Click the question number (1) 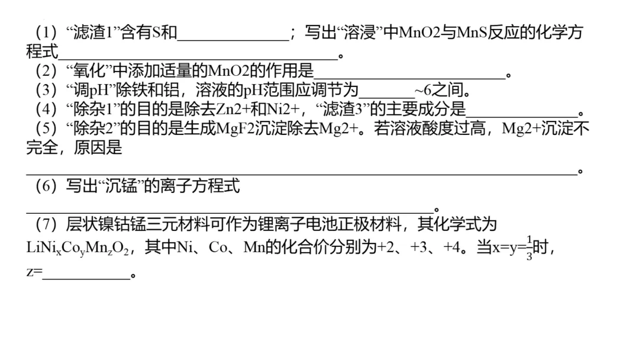pyautogui.click(x=44, y=32)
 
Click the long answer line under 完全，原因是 pyautogui.click(x=302, y=172)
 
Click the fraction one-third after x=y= pyautogui.click(x=530, y=247)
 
